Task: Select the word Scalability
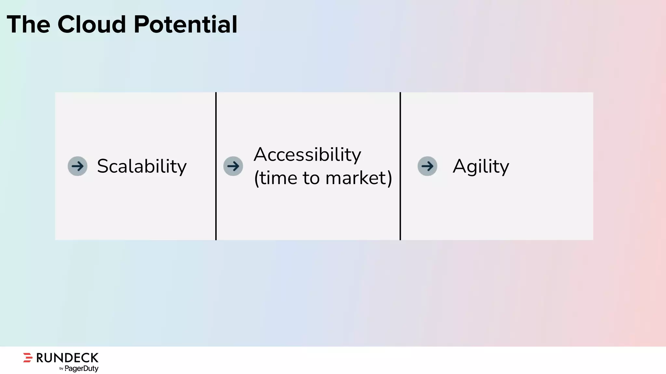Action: (x=142, y=166)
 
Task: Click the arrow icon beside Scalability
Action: (x=77, y=166)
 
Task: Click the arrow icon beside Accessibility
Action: (x=233, y=166)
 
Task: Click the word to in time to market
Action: (x=311, y=178)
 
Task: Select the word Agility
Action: (x=481, y=166)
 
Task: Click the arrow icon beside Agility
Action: (x=427, y=166)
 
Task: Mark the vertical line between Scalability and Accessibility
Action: (x=216, y=166)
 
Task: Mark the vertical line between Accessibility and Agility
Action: (x=400, y=166)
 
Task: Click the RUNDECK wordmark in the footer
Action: (x=67, y=358)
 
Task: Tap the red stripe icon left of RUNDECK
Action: (x=28, y=357)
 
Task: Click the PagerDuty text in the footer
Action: (x=81, y=368)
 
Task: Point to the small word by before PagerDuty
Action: (x=61, y=369)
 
